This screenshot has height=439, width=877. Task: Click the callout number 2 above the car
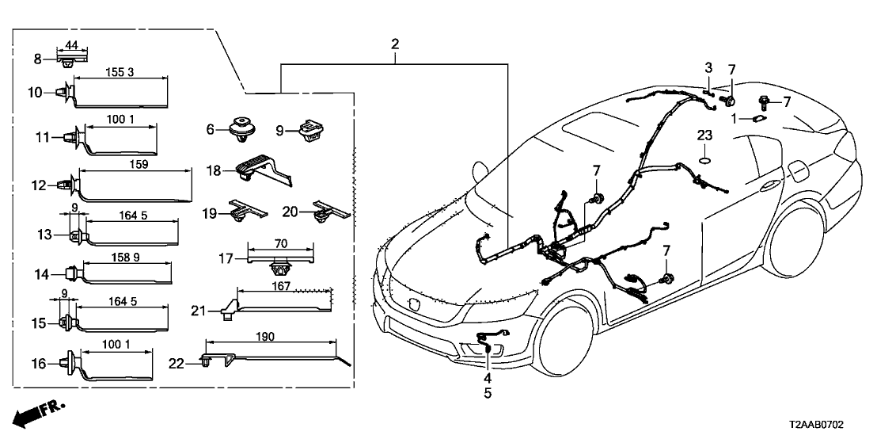click(395, 44)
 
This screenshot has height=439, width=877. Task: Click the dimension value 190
click(265, 337)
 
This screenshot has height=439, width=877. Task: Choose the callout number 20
click(290, 212)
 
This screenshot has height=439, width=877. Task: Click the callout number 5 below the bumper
click(487, 393)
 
